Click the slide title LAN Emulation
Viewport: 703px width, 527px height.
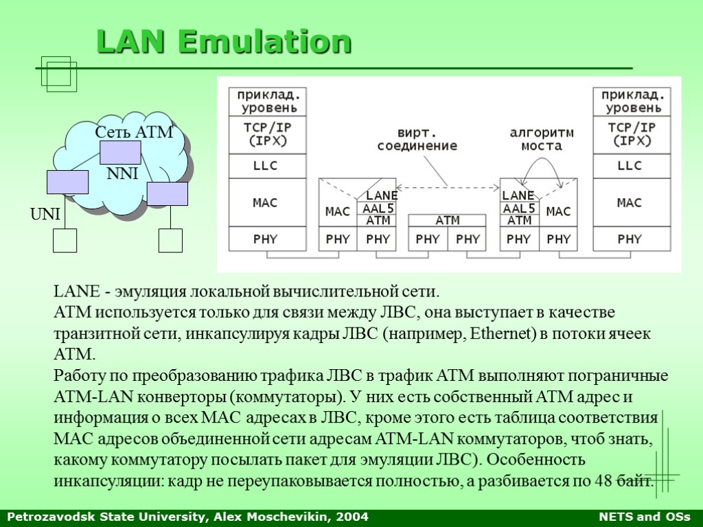point(224,43)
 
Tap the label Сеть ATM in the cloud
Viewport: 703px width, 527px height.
point(133,132)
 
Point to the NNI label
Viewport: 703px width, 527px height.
point(123,175)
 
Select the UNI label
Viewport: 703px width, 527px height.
point(45,215)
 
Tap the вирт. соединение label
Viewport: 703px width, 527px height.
point(417,139)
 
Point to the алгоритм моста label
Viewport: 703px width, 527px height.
point(542,139)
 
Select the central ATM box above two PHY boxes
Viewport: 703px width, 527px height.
point(448,221)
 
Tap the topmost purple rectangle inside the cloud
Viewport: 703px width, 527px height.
point(120,152)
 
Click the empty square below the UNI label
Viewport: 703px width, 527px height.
point(65,240)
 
